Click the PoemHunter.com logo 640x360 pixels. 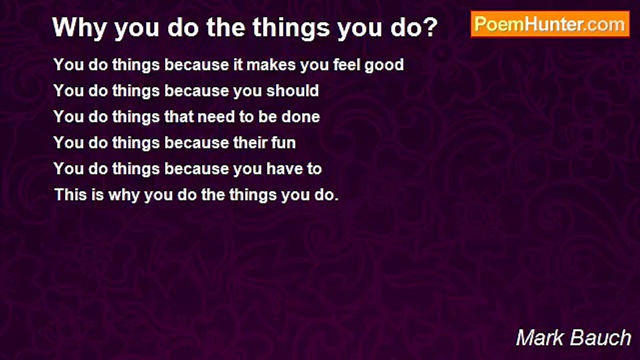point(550,24)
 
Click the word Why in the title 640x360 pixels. point(79,27)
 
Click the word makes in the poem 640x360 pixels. point(271,64)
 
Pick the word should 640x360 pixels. point(292,90)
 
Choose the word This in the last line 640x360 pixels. point(70,195)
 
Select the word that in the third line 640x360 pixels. point(178,116)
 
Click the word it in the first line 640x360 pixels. point(237,64)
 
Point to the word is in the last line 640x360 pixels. point(97,195)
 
